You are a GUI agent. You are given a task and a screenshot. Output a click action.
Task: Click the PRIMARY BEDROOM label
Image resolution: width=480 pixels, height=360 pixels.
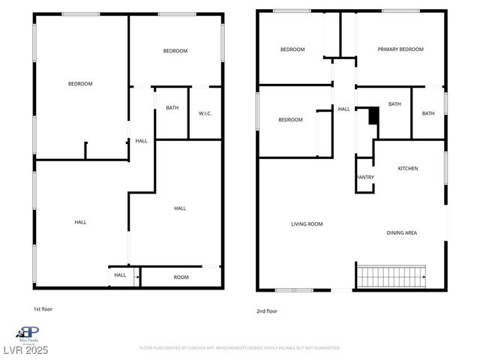coord(400,49)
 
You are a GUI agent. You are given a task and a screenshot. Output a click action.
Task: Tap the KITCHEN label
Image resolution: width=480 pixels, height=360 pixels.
coord(408,168)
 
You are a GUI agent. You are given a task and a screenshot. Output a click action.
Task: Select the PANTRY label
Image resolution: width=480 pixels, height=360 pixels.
coord(365,177)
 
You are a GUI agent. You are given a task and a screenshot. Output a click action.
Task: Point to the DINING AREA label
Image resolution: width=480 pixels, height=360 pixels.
coord(401,233)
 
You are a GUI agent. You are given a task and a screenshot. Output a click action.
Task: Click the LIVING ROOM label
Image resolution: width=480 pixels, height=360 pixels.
coord(307,223)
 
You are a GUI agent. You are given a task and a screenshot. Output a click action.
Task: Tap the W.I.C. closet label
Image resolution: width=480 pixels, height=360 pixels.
coord(205,113)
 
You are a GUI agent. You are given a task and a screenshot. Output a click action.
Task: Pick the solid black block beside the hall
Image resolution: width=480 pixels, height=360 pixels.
coord(373,116)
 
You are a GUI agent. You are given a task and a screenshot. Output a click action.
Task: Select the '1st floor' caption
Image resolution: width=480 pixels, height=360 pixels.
coord(43,309)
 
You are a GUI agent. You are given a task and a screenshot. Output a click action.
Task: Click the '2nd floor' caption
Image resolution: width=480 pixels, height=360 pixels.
coord(267,310)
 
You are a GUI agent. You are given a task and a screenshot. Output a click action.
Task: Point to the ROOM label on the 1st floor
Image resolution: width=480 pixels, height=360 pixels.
coord(181,277)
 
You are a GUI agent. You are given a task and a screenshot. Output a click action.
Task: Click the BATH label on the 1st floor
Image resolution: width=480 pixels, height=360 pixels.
coord(172,108)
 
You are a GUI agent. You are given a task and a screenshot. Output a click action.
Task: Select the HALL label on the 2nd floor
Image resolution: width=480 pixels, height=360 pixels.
coord(343,109)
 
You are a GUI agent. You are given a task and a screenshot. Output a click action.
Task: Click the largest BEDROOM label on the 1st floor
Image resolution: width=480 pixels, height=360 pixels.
coord(80,84)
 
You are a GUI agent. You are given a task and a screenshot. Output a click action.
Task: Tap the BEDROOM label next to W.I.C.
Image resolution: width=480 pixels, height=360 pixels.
coord(175,51)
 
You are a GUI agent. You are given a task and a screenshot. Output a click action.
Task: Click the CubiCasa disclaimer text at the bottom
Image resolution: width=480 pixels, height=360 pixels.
coord(239,348)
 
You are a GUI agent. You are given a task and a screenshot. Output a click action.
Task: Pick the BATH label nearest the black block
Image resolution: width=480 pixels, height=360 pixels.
coord(394,104)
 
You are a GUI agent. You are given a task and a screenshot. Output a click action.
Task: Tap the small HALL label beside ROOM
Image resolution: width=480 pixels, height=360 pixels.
coord(120,275)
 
